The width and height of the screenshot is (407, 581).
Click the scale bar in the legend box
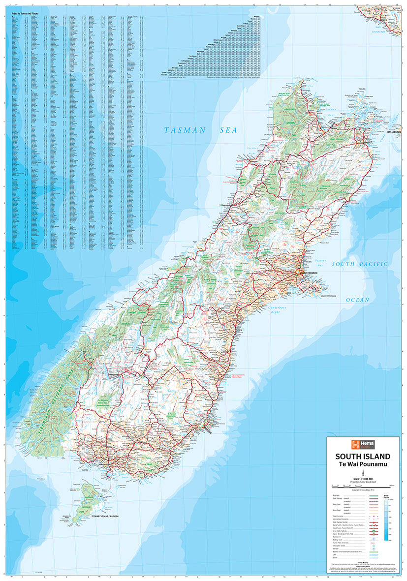point(363,486)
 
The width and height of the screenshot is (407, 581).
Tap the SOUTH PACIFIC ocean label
point(359,264)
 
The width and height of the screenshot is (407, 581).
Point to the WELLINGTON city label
point(395,132)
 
